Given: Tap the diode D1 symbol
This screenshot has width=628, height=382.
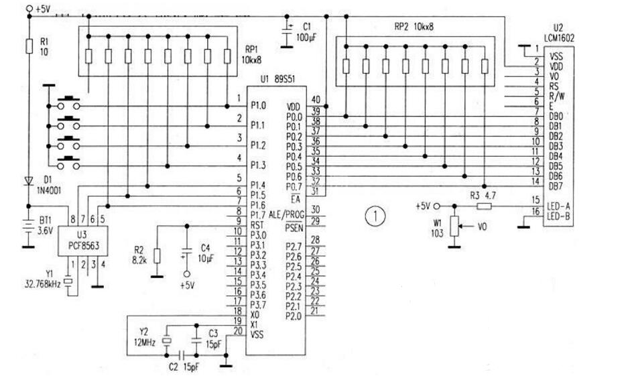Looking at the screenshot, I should coord(29,181).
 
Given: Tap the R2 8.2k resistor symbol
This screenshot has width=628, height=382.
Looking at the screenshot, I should coord(156,256).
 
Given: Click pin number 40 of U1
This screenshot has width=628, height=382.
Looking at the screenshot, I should coord(316,100).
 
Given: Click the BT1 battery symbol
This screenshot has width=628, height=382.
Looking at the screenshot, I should coord(29,227).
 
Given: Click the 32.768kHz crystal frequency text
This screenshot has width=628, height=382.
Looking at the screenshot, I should coord(40,284).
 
